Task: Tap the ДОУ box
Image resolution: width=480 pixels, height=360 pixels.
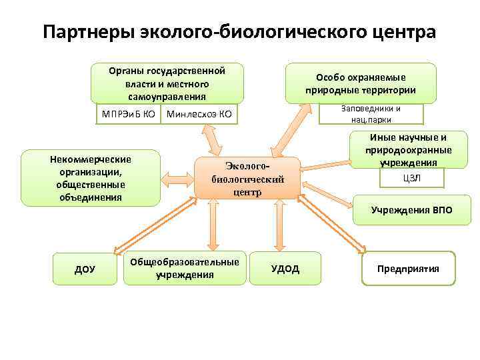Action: coord(85,269)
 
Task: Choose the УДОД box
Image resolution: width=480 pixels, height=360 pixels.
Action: coord(285,269)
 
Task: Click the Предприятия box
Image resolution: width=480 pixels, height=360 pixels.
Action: coord(408,269)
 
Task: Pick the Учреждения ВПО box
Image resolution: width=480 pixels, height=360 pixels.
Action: coord(411,210)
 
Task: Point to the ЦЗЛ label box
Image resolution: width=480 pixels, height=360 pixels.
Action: coord(412,178)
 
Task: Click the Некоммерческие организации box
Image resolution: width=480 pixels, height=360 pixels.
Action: coord(91,178)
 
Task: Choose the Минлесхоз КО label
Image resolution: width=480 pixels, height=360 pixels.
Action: coord(199,114)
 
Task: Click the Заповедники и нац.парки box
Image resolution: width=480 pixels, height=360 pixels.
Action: coord(371,114)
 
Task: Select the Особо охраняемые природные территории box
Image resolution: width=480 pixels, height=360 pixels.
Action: coord(361,84)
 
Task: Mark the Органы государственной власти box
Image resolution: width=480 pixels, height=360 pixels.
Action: coord(167,83)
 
